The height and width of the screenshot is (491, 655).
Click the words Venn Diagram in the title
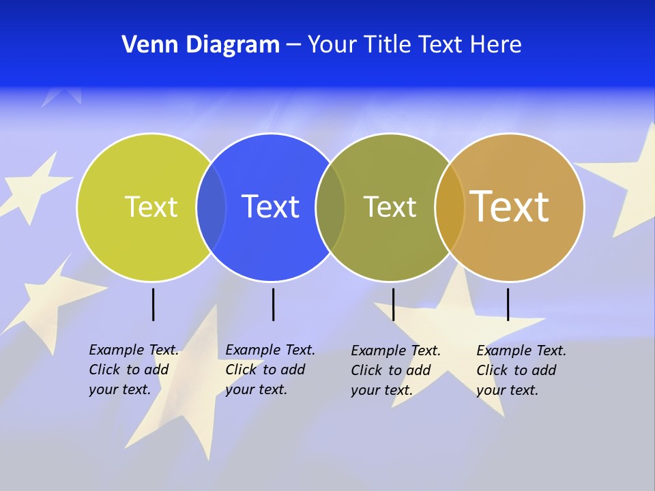[201, 45]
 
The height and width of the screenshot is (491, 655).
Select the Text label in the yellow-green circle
[151, 207]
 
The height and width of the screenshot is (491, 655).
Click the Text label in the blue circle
[271, 207]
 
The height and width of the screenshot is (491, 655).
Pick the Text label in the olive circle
[390, 207]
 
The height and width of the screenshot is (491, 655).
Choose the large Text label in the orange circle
[510, 206]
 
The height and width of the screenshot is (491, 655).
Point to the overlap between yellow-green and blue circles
[212, 207]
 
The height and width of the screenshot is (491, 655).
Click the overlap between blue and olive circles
[331, 207]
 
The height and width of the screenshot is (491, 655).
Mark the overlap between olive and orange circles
[450, 207]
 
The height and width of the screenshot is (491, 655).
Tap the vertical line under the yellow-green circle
[153, 304]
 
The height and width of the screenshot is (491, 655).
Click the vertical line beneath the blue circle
[273, 304]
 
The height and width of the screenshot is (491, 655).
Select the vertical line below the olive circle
[393, 304]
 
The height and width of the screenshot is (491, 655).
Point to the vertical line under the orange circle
[508, 304]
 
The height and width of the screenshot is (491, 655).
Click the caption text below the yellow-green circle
[133, 370]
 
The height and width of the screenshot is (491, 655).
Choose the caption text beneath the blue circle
[270, 370]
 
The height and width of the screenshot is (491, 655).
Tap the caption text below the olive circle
[395, 370]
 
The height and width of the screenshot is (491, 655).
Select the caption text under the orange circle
[521, 370]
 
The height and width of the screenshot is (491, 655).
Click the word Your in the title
[333, 45]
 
